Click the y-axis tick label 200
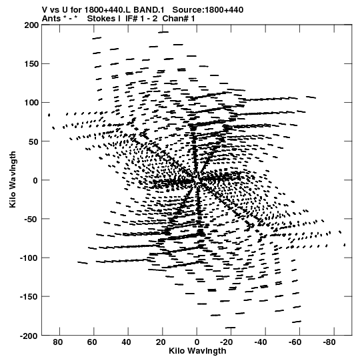point(31,25)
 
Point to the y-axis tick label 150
point(31,64)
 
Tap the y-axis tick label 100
point(31,103)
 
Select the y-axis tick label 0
point(35,180)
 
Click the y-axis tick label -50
point(30,219)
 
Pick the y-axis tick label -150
point(29,297)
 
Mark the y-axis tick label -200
point(29,336)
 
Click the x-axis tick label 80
point(57,342)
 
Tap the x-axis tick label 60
point(92,342)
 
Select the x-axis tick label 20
point(161,342)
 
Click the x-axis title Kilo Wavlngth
point(197,351)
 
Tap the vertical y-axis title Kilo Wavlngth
point(13,179)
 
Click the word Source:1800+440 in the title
point(208,10)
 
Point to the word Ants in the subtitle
point(51,19)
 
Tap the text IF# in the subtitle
point(131,19)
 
